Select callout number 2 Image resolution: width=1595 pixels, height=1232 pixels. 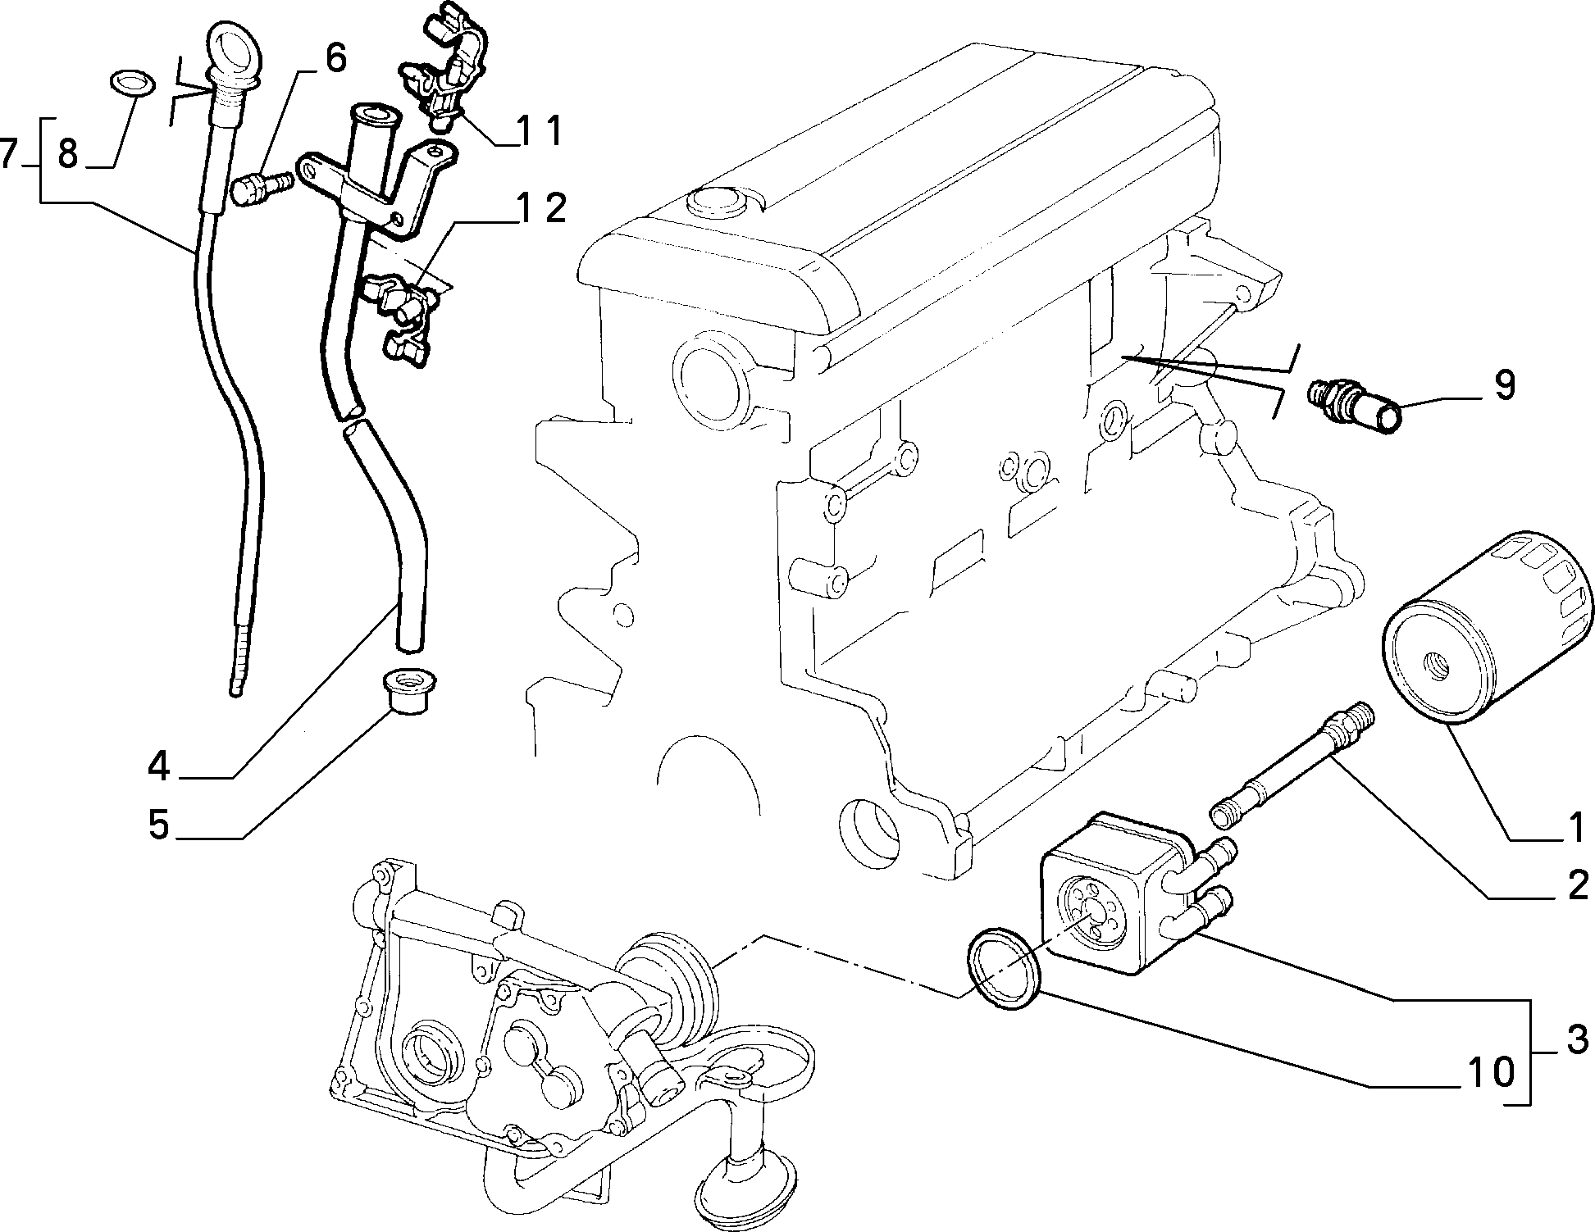tap(1575, 886)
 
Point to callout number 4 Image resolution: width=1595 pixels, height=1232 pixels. tap(158, 766)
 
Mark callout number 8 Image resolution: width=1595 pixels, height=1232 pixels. tap(68, 152)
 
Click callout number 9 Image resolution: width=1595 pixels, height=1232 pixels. tap(1503, 385)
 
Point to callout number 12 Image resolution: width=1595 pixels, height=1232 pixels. tap(542, 210)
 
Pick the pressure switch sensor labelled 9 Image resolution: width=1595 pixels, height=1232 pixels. tap(1356, 403)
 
